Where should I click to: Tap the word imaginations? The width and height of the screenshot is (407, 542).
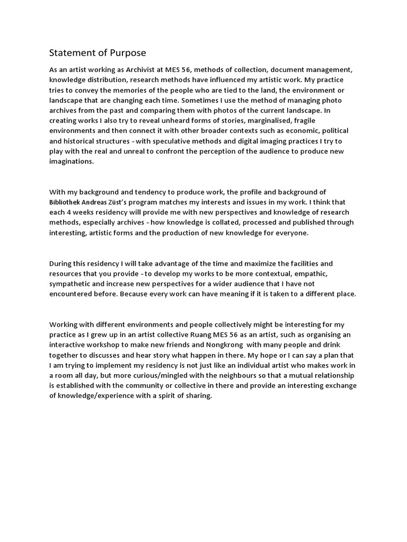(x=71, y=162)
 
